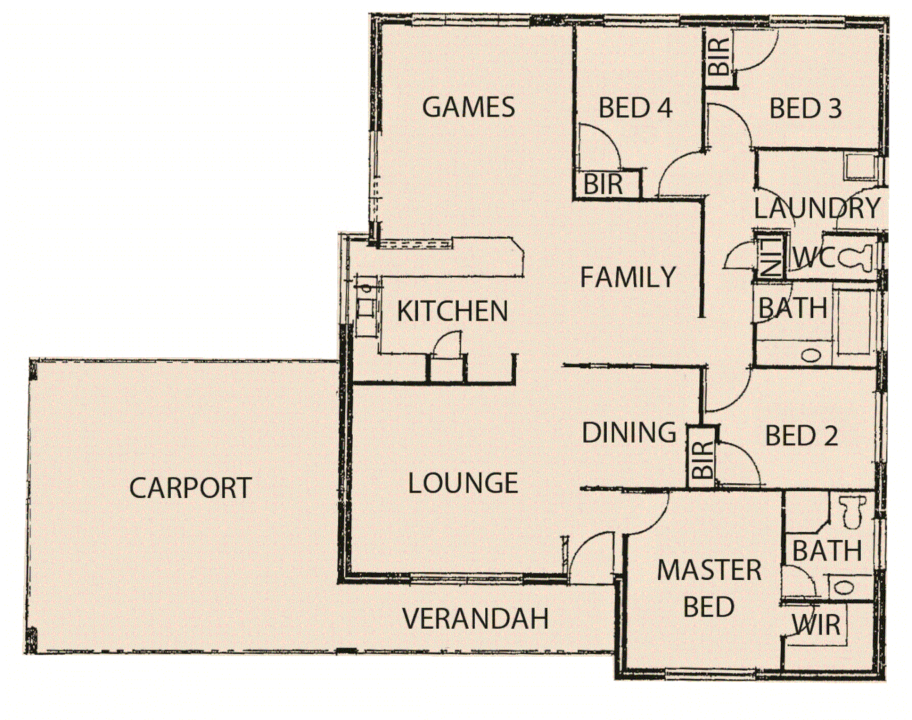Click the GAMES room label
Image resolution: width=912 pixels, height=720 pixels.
[x=469, y=107]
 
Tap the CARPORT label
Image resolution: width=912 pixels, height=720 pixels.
[x=191, y=488]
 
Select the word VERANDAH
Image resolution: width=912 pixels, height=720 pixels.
[x=475, y=619]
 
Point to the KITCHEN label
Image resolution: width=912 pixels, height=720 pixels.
[x=452, y=311]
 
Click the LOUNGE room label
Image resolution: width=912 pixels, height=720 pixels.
[x=463, y=483]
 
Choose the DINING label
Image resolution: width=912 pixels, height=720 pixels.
[x=629, y=433]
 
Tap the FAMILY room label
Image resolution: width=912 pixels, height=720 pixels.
[x=628, y=277]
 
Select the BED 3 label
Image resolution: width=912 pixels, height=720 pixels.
[x=805, y=109]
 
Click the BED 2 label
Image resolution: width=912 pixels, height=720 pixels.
[x=801, y=436]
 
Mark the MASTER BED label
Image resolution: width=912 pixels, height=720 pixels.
[x=709, y=589]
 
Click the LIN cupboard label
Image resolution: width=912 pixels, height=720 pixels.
[x=771, y=257]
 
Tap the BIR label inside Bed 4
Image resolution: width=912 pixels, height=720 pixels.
[x=603, y=185]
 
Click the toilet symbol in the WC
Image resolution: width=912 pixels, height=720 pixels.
[x=856, y=258]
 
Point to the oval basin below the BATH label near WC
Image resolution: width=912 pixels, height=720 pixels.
[x=811, y=355]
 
